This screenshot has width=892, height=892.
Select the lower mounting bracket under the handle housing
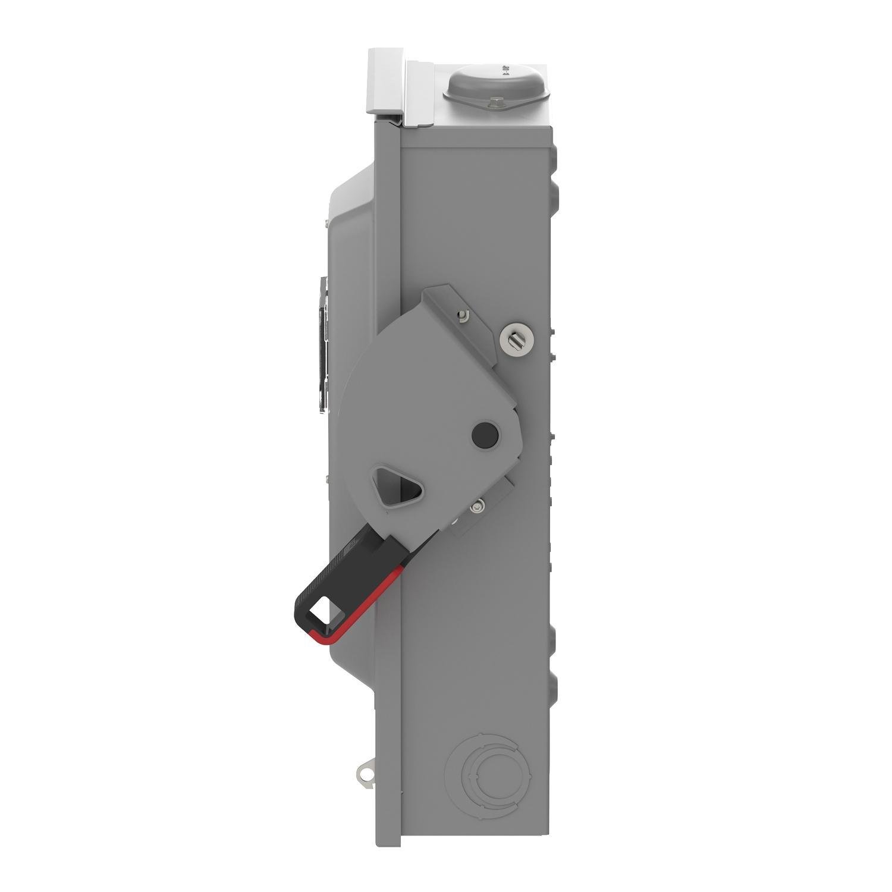485,505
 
